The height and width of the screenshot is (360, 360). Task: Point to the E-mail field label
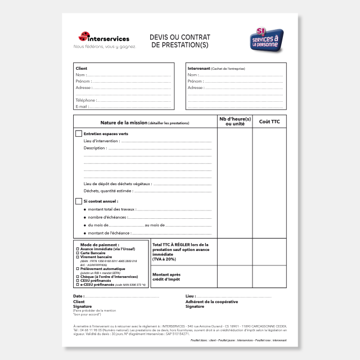pyautogui.click(x=82, y=106)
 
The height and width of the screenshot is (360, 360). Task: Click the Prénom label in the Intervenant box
pyautogui.click(x=195, y=81)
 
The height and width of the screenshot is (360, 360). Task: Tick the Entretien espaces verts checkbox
pyautogui.click(x=79, y=134)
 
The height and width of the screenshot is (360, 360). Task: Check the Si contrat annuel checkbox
pyautogui.click(x=79, y=201)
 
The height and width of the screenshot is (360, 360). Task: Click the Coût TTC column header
pyautogui.click(x=269, y=121)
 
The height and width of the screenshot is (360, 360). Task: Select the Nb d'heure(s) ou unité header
pyautogui.click(x=235, y=121)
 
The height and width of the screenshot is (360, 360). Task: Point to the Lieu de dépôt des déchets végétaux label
pyautogui.click(x=117, y=183)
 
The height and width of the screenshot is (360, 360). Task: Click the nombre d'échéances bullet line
pyautogui.click(x=107, y=217)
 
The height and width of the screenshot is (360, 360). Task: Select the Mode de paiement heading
pyautogui.click(x=100, y=245)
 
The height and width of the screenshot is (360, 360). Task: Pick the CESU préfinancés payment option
pyautogui.click(x=97, y=280)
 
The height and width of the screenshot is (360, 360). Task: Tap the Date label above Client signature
pyautogui.click(x=78, y=295)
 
